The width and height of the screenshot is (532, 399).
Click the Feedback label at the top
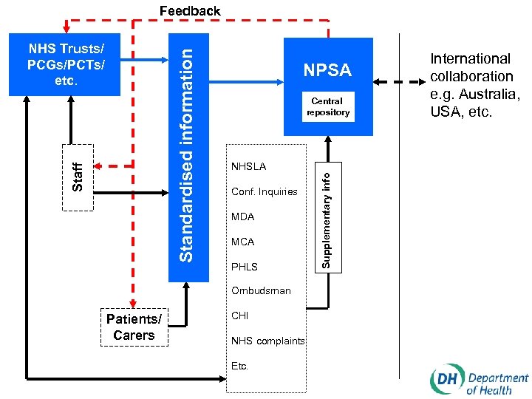click(190, 11)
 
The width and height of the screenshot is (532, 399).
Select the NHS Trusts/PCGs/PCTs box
click(66, 64)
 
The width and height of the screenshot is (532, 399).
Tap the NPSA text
click(327, 70)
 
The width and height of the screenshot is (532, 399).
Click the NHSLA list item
click(248, 167)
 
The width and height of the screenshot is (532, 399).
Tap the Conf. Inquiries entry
click(264, 192)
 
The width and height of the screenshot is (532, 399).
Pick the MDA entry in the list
click(242, 216)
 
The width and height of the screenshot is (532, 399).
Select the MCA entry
click(242, 242)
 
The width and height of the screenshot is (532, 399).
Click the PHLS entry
click(245, 266)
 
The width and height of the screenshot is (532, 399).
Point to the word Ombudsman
click(261, 290)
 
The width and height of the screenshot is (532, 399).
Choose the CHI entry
click(239, 316)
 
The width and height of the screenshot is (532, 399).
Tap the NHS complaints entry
click(267, 341)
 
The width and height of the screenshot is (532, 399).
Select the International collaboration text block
click(472, 85)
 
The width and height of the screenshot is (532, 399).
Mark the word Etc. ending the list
click(240, 366)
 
